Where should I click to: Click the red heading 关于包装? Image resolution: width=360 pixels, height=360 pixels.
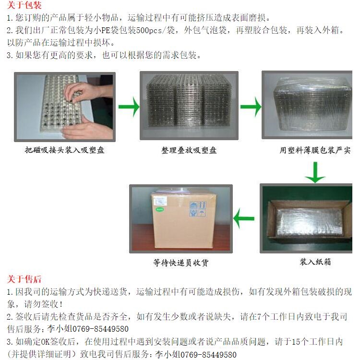(24, 5)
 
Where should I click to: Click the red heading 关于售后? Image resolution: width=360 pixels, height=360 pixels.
(24, 279)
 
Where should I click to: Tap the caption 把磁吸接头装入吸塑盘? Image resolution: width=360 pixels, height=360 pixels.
(65, 150)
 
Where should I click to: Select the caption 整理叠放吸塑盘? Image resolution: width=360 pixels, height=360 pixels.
(189, 150)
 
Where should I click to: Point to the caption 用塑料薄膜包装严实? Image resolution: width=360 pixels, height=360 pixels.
(315, 150)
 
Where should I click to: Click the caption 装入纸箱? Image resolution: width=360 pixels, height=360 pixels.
(315, 262)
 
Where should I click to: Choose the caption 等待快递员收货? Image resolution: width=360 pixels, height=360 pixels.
(181, 263)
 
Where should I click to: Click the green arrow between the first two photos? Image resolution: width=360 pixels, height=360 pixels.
(129, 107)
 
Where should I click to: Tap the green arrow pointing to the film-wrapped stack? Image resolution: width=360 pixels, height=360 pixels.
(251, 107)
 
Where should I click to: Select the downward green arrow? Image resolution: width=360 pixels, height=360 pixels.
(315, 172)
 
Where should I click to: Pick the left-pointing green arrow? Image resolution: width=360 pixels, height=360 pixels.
(244, 218)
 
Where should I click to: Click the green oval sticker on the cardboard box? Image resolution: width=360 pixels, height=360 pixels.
(159, 209)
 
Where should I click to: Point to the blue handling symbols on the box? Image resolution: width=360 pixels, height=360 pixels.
(198, 209)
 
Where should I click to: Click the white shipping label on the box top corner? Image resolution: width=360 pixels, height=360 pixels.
(159, 201)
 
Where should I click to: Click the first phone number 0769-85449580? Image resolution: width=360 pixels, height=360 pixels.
(101, 329)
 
